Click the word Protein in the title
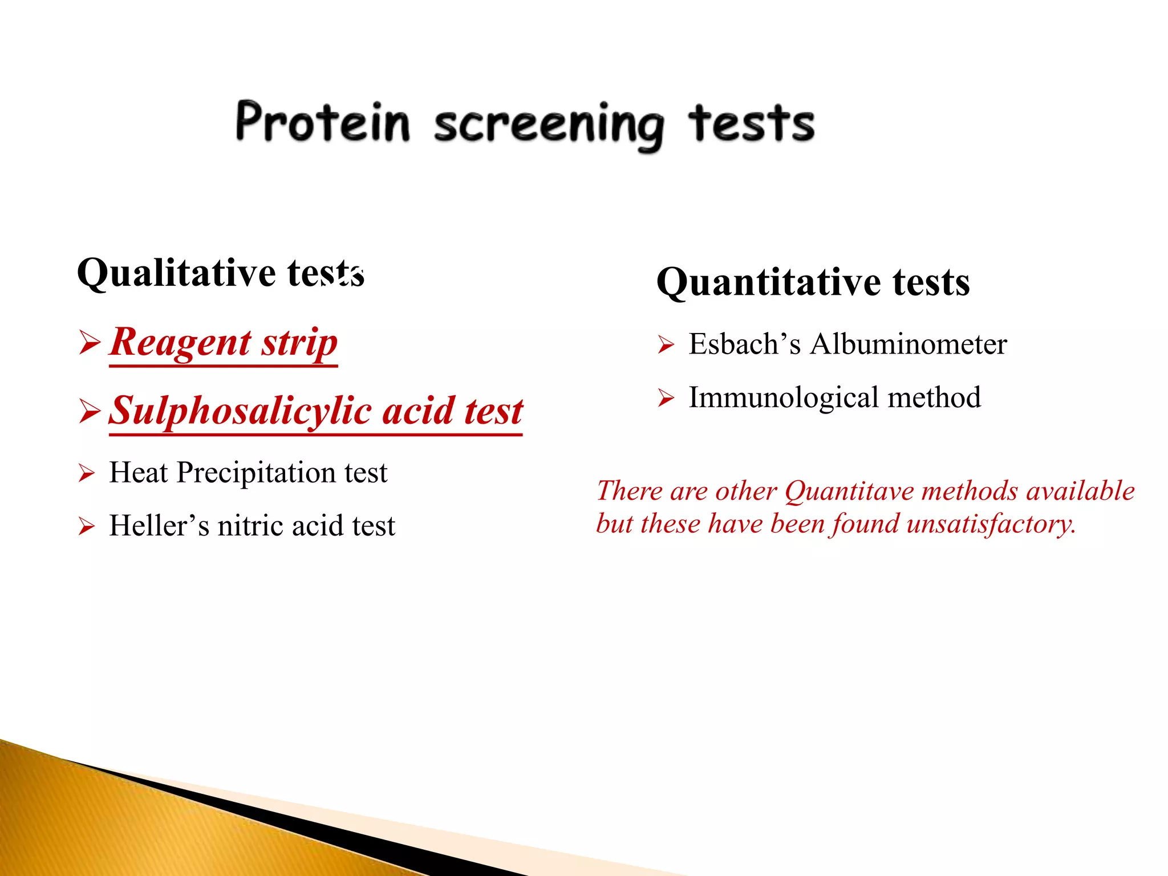pos(323,122)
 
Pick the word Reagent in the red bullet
pos(180,342)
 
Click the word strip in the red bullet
pos(300,343)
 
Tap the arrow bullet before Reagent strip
pos(90,343)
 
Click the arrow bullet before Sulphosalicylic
pos(90,411)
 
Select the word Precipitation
pos(256,473)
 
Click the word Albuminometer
pos(909,344)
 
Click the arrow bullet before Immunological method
pos(666,398)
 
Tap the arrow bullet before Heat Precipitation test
pos(86,473)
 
